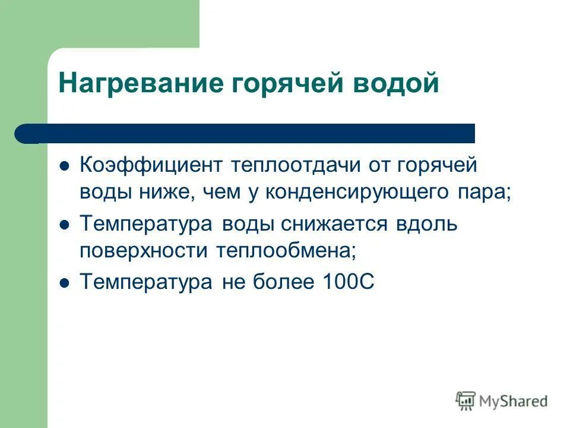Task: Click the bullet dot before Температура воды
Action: coord(66,225)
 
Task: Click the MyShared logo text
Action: coord(514,401)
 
